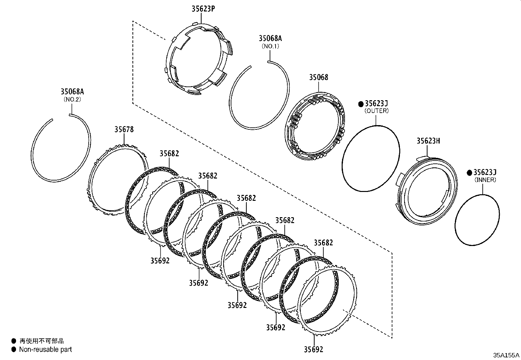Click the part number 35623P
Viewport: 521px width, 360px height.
pyautogui.click(x=203, y=9)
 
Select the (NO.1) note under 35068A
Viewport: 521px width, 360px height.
pyautogui.click(x=270, y=46)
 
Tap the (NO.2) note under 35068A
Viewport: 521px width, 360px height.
pyautogui.click(x=72, y=99)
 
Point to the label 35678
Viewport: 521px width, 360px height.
pyautogui.click(x=124, y=129)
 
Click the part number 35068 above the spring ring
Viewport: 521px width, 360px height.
pyautogui.click(x=318, y=77)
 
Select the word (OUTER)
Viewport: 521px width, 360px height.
pyautogui.click(x=376, y=111)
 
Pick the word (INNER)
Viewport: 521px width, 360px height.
pyautogui.click(x=485, y=180)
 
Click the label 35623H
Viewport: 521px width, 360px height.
pyautogui.click(x=428, y=141)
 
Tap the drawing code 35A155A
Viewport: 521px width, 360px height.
pyautogui.click(x=506, y=355)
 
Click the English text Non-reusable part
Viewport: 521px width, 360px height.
pyautogui.click(x=45, y=350)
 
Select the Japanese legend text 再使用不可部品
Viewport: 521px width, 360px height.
pyautogui.click(x=42, y=341)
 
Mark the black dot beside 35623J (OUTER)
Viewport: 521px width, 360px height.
pyautogui.click(x=361, y=104)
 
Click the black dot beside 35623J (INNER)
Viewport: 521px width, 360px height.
pyautogui.click(x=470, y=173)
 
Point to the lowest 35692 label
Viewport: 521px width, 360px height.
pyautogui.click(x=314, y=350)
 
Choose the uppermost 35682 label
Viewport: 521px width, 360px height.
pyautogui.click(x=169, y=153)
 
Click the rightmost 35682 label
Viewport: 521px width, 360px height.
pyautogui.click(x=323, y=243)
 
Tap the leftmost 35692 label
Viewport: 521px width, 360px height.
pyautogui.click(x=160, y=260)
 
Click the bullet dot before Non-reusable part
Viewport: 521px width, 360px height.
pyautogui.click(x=14, y=350)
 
